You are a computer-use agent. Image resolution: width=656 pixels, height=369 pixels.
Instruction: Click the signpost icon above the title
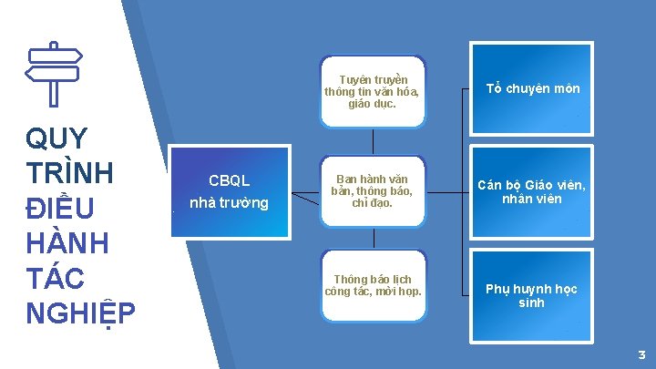click(53, 73)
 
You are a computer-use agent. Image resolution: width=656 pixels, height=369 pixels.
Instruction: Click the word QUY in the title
click(57, 138)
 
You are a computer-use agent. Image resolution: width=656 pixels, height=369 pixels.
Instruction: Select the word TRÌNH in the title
click(69, 173)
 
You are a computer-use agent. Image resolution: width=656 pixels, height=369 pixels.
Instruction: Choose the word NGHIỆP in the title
click(80, 313)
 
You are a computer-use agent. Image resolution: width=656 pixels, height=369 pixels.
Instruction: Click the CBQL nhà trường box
click(229, 190)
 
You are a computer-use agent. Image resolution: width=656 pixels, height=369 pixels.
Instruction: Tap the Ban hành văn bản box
click(372, 190)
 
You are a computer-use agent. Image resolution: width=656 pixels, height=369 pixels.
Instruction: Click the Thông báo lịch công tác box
click(372, 285)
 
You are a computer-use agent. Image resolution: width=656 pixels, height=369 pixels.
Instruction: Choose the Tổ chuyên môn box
click(532, 89)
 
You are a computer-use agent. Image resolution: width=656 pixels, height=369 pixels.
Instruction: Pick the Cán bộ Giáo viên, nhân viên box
click(532, 191)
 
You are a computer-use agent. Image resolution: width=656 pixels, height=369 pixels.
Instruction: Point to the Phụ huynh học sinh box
click(532, 295)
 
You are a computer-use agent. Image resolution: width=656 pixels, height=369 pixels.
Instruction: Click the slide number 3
click(641, 354)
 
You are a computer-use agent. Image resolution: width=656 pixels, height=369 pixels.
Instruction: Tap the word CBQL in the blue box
click(229, 180)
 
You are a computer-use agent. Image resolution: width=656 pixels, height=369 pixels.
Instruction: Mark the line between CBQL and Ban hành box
click(302, 192)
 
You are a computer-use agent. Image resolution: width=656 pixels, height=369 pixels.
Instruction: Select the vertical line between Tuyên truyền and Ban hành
click(373, 140)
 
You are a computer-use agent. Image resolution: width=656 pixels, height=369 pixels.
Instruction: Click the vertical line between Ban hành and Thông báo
click(373, 237)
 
